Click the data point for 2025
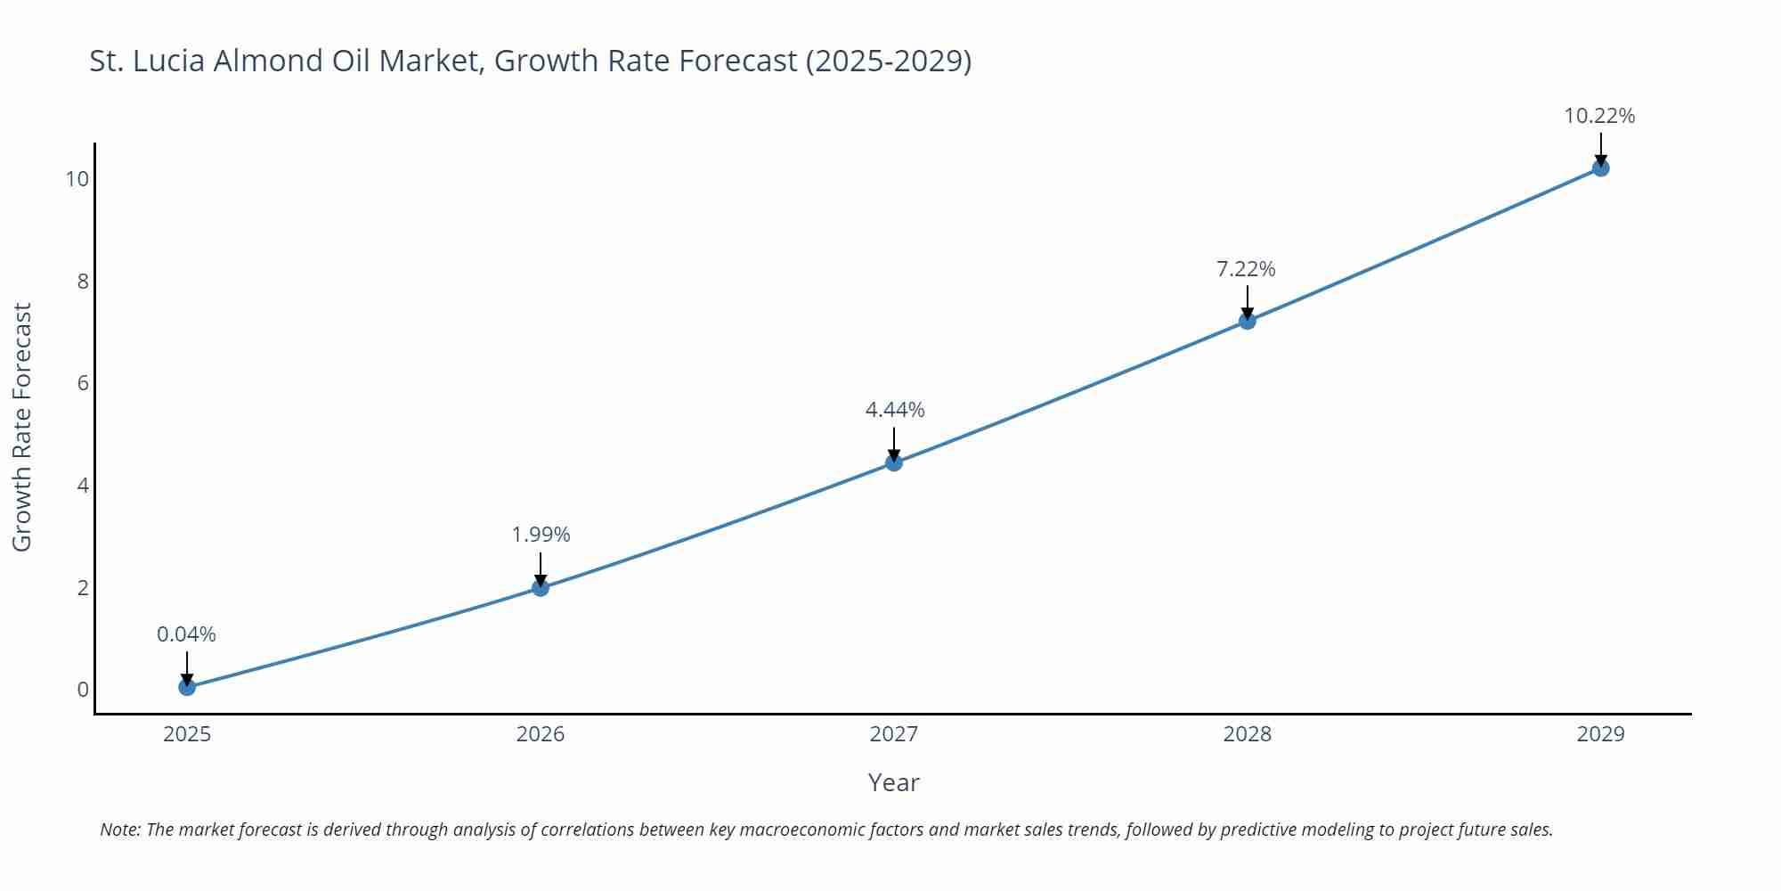(x=187, y=687)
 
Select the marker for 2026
(x=541, y=587)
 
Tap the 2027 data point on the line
(x=894, y=462)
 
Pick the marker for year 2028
(x=1248, y=321)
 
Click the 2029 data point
(x=1600, y=168)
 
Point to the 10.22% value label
(x=1599, y=116)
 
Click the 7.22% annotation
(x=1246, y=269)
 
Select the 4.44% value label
(x=895, y=410)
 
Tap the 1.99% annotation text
(x=541, y=535)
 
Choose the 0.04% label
(x=186, y=634)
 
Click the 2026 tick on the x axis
(x=541, y=734)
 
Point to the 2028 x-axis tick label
(x=1248, y=734)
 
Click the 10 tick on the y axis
(x=77, y=179)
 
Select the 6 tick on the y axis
(x=83, y=383)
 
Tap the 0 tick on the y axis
(x=83, y=690)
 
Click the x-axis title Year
(x=893, y=782)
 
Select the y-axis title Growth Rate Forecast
(x=22, y=427)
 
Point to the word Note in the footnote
(x=119, y=830)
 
